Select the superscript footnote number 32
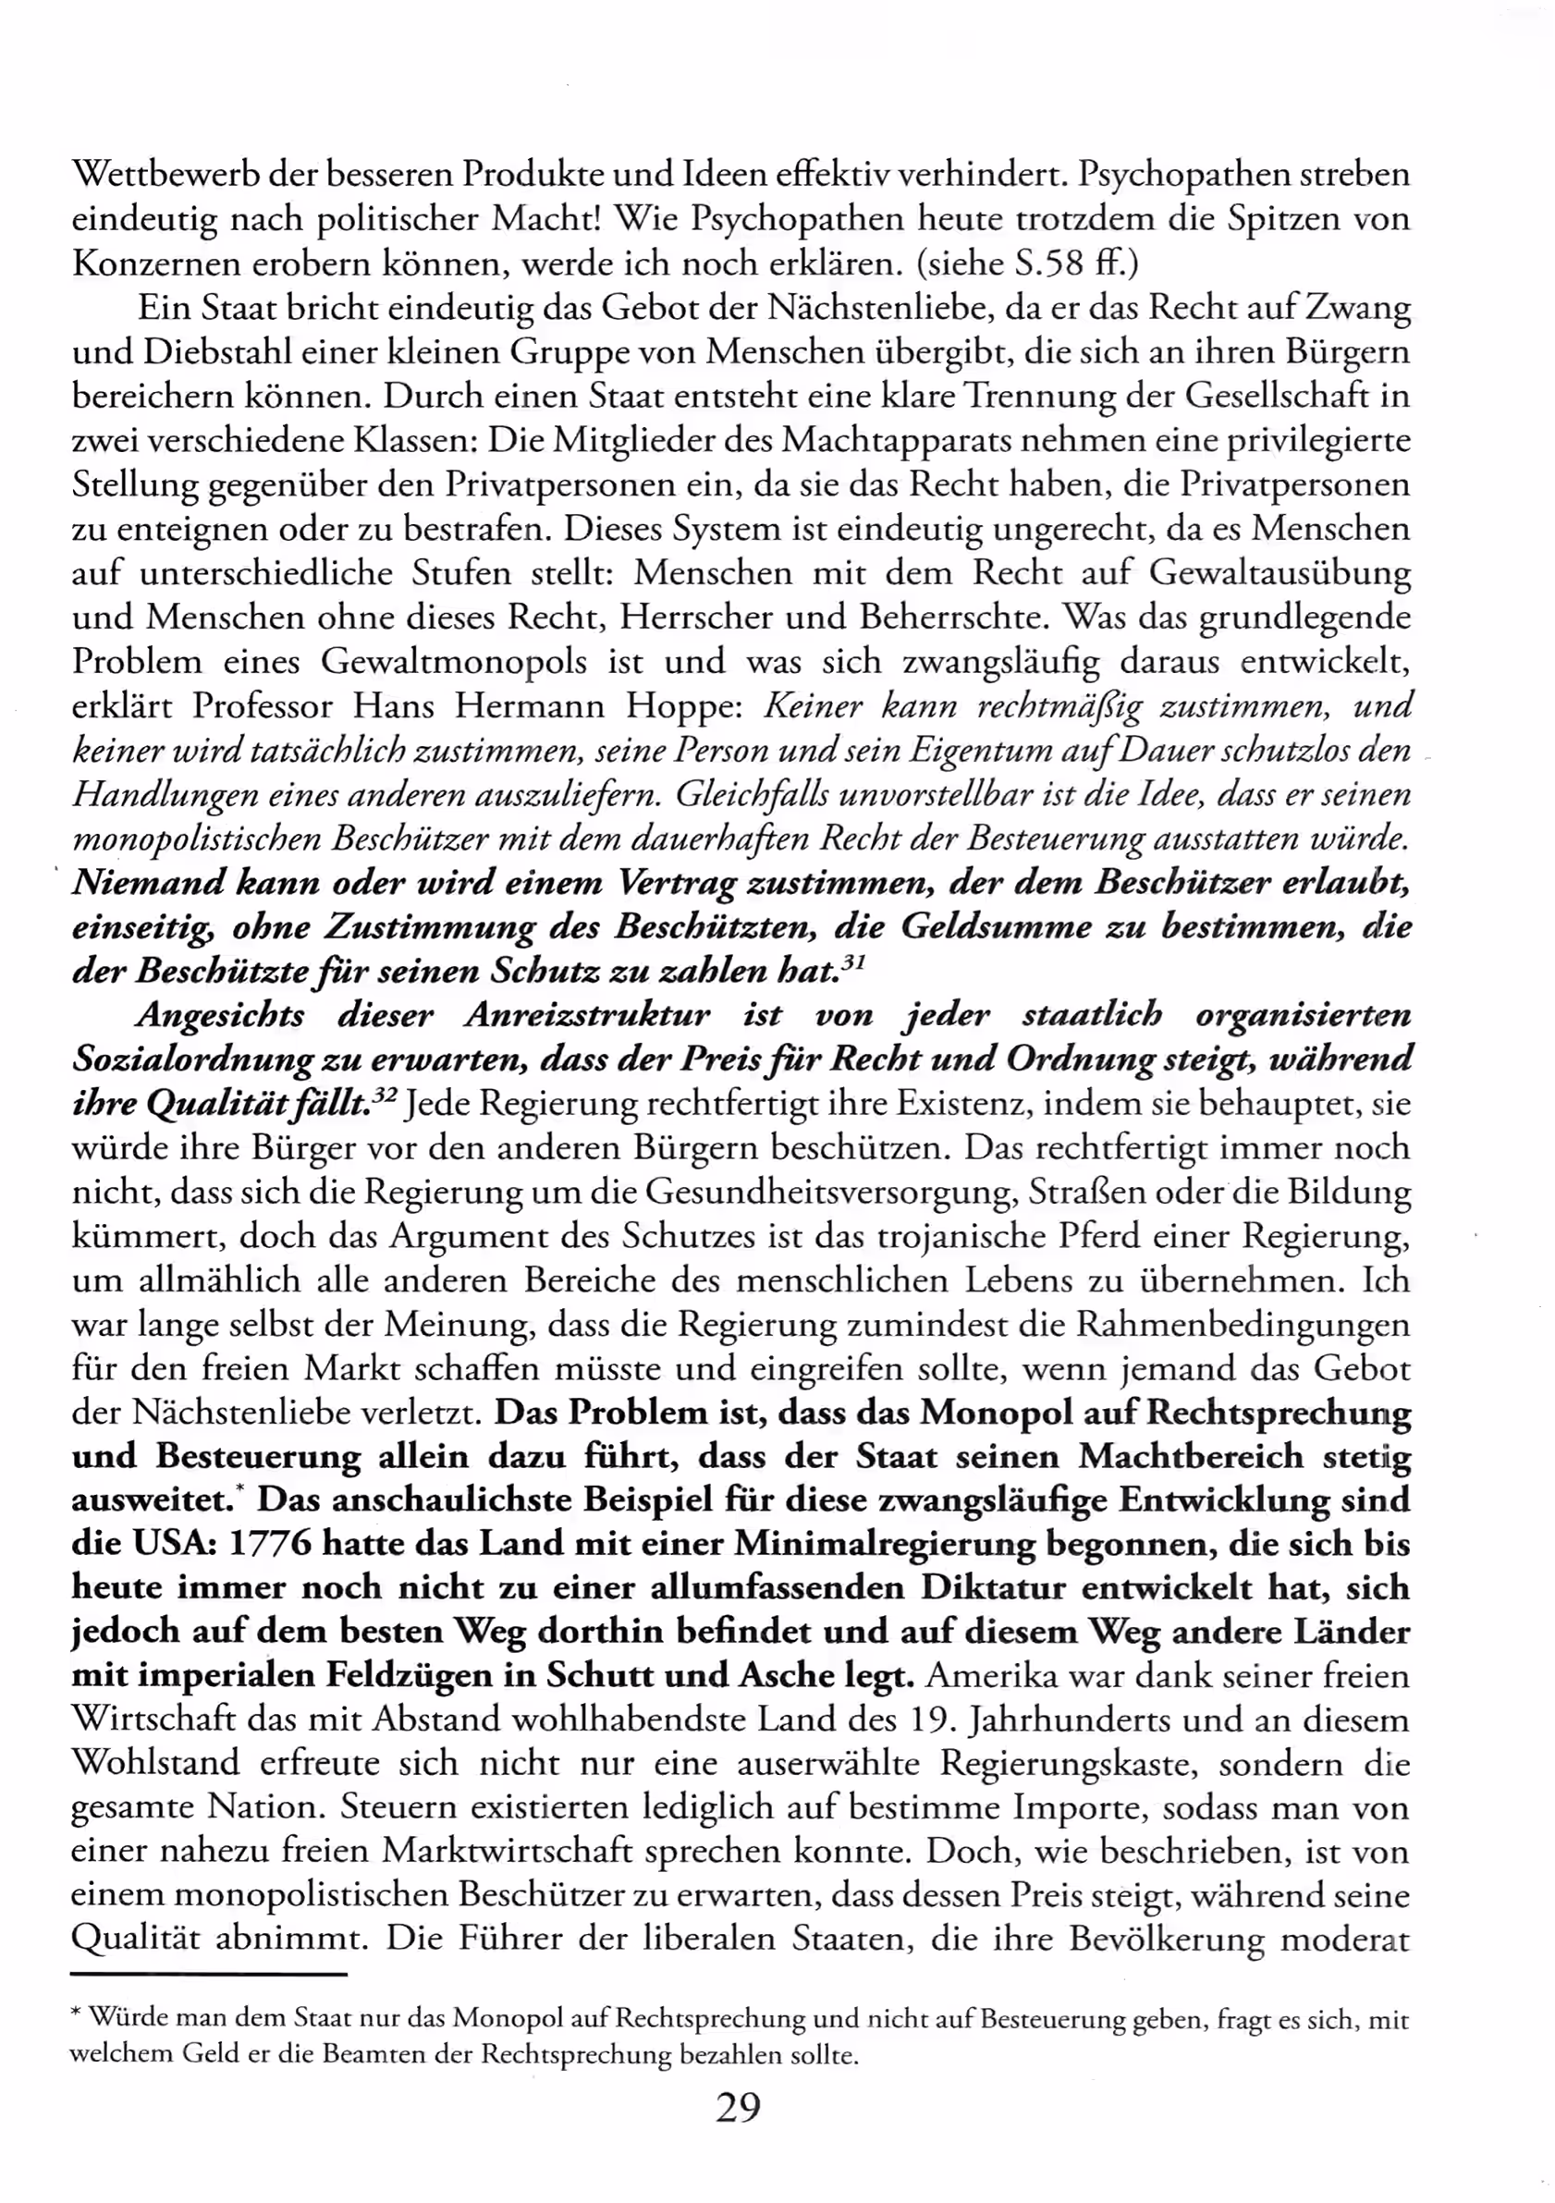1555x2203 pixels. coord(384,1096)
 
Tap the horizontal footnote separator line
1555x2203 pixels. coord(208,1975)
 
